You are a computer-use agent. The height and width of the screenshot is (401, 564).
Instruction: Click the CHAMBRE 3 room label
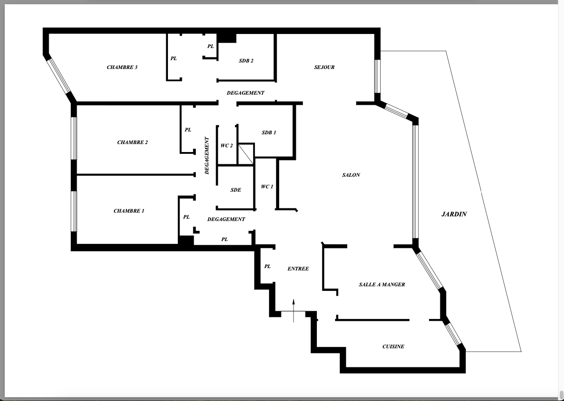tap(122, 68)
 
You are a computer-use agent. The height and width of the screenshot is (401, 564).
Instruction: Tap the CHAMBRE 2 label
tap(133, 142)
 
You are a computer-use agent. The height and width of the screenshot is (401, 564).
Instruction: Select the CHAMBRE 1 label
tap(129, 211)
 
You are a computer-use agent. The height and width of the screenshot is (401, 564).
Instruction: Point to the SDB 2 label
tap(246, 61)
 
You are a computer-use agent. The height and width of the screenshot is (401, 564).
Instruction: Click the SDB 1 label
tap(269, 132)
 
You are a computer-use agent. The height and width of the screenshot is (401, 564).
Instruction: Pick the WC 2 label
tap(227, 145)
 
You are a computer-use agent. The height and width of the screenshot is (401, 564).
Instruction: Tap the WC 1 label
tap(267, 187)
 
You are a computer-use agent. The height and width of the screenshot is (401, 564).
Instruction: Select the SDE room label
tap(235, 190)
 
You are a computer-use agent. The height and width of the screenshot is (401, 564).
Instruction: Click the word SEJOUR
tap(324, 68)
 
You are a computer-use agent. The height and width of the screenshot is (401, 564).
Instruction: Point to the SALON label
tap(351, 175)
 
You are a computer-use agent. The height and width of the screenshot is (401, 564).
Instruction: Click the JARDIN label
tap(454, 214)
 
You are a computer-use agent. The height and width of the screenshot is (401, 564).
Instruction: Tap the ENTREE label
tap(298, 269)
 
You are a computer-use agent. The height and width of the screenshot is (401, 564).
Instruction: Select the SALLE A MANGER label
tap(382, 284)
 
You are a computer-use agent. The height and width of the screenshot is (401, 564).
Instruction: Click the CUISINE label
tap(393, 347)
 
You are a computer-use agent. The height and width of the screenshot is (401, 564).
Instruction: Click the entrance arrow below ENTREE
tap(294, 311)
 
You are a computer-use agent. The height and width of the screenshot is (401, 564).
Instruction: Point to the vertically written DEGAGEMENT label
tap(207, 155)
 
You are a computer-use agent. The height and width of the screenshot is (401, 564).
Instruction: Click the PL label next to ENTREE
tap(268, 267)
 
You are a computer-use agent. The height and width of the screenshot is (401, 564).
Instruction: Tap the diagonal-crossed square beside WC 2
tap(246, 154)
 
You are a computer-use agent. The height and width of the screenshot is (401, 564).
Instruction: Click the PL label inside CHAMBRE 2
tap(188, 130)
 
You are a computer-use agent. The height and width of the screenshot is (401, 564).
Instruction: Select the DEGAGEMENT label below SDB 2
tap(246, 93)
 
